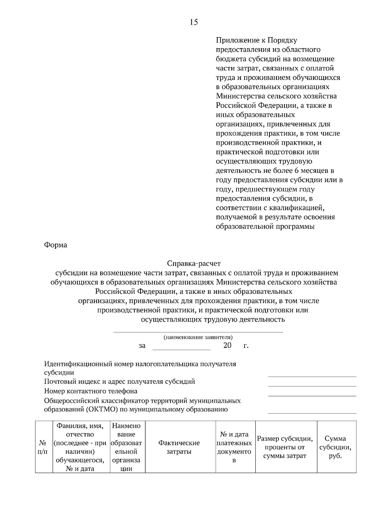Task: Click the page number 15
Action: (194, 22)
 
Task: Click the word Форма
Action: (55, 245)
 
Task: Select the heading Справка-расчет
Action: (194, 264)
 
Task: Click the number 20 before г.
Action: (227, 345)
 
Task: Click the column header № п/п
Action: (43, 447)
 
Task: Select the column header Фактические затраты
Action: (179, 447)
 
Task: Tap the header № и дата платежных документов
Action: (234, 447)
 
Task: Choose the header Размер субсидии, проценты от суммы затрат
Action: (285, 447)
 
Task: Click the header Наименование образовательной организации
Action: (126, 447)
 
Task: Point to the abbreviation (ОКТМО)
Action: (101, 410)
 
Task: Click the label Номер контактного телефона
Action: (91, 391)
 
